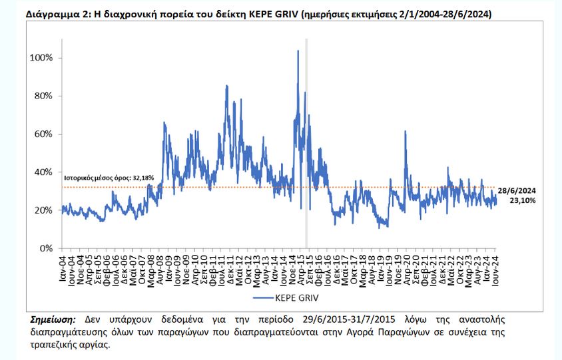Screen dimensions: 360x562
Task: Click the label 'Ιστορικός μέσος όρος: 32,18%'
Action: (109, 178)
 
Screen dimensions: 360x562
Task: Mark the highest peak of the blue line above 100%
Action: (298, 51)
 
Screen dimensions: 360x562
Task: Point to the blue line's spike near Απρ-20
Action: (405, 132)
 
